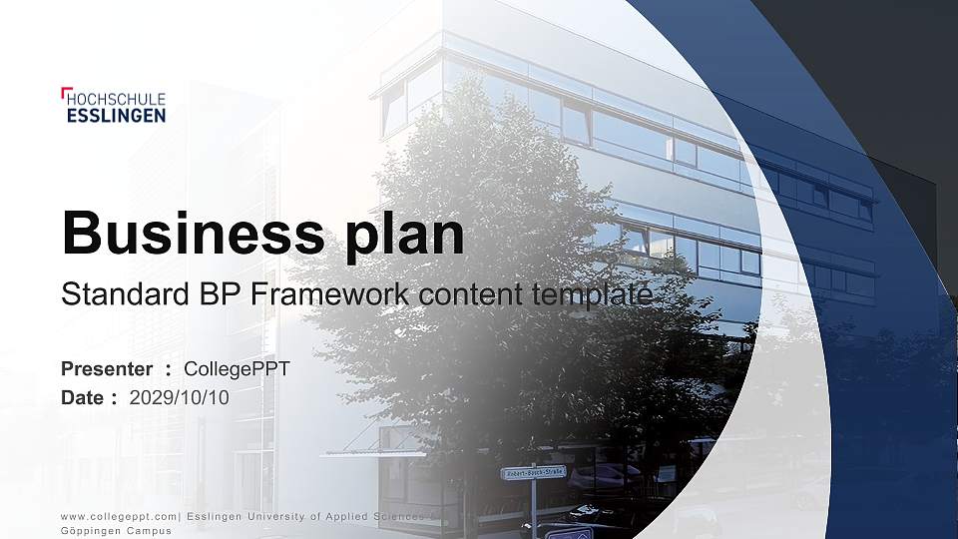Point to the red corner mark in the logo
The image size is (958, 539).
[x=65, y=92]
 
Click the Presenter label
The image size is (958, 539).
[x=107, y=369]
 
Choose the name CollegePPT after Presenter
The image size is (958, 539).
[x=238, y=369]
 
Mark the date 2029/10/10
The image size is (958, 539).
[x=180, y=397]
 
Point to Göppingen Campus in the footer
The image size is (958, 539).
[x=109, y=530]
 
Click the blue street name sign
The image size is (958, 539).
[x=534, y=473]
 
